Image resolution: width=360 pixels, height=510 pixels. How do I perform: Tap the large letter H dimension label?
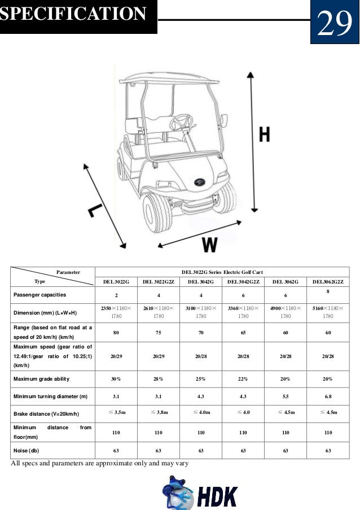coord(264,135)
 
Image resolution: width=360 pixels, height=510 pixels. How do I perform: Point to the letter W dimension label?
coord(209,245)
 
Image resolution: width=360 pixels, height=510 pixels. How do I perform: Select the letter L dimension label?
coord(94,210)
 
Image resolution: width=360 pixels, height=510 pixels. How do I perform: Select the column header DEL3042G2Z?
coord(243,281)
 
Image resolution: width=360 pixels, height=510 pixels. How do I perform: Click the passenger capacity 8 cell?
coord(327,291)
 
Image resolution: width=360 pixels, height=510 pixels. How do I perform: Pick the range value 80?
coord(116,333)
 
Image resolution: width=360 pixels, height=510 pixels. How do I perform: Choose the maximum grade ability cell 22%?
coord(243,378)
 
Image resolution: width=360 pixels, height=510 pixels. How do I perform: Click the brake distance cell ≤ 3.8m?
coord(158,413)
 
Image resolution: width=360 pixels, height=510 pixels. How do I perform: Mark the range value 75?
coord(158,333)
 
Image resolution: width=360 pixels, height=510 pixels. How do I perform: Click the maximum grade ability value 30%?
coord(116,378)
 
